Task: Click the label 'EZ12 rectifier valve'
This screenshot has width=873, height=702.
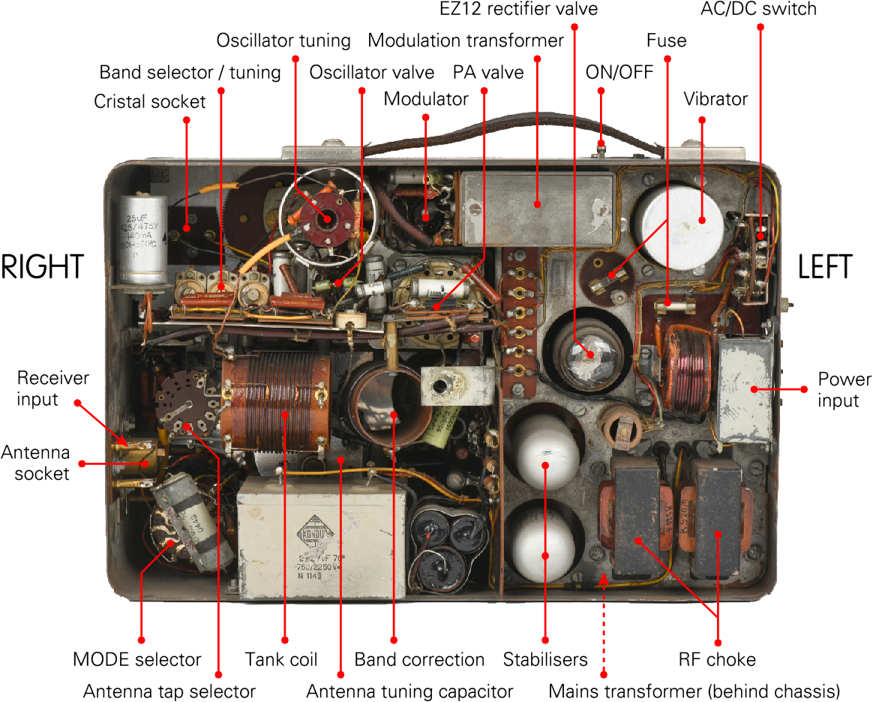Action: point(518,10)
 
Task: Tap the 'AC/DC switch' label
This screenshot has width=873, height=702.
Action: point(757,10)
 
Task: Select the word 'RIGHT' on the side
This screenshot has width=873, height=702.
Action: point(42,268)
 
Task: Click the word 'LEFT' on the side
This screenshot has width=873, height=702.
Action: point(825,268)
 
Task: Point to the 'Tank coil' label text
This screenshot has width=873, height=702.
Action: point(281,660)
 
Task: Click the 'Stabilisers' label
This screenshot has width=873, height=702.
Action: point(545,660)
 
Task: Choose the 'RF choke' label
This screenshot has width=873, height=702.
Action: point(717,660)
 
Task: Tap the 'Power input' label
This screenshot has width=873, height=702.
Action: point(838,389)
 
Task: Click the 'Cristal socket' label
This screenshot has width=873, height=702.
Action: point(149,101)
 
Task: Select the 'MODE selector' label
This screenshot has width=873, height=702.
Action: point(136,660)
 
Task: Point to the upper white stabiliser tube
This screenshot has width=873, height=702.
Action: point(545,448)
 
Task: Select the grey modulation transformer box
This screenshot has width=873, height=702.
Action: point(537,206)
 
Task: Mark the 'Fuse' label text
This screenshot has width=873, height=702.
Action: point(666,40)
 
